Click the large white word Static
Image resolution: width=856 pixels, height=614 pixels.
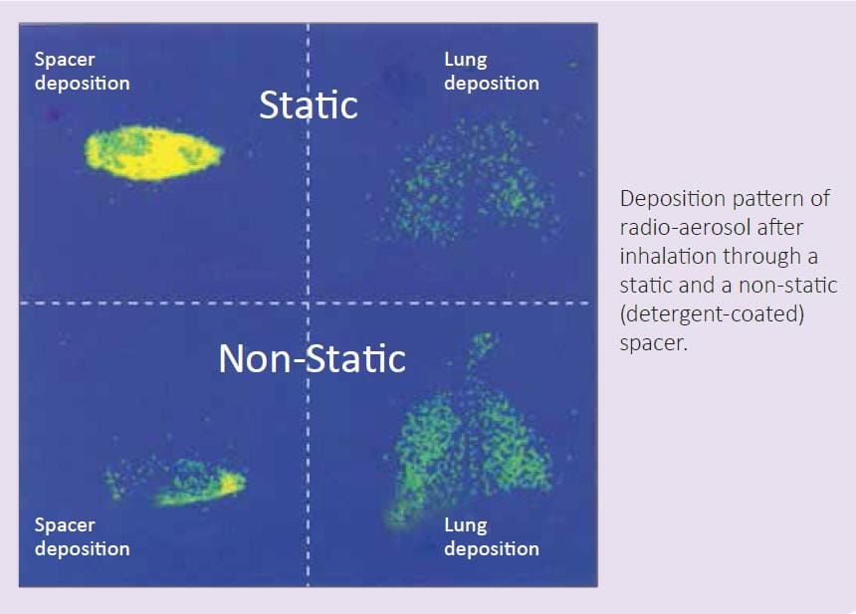pyautogui.click(x=309, y=104)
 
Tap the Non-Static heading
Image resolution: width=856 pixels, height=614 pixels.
pyautogui.click(x=312, y=358)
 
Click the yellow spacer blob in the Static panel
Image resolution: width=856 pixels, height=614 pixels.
pyautogui.click(x=153, y=153)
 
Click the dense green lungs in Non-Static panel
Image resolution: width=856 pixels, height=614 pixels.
pyautogui.click(x=470, y=448)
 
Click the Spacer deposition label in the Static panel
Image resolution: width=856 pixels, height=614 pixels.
pyautogui.click(x=82, y=71)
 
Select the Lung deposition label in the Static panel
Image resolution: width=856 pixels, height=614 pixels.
pyautogui.click(x=492, y=71)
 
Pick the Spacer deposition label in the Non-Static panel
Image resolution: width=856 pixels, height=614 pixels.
pyautogui.click(x=82, y=536)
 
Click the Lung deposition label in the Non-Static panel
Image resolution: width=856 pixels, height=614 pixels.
pyautogui.click(x=492, y=536)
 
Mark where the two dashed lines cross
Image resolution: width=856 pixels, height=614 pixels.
pyautogui.click(x=308, y=303)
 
